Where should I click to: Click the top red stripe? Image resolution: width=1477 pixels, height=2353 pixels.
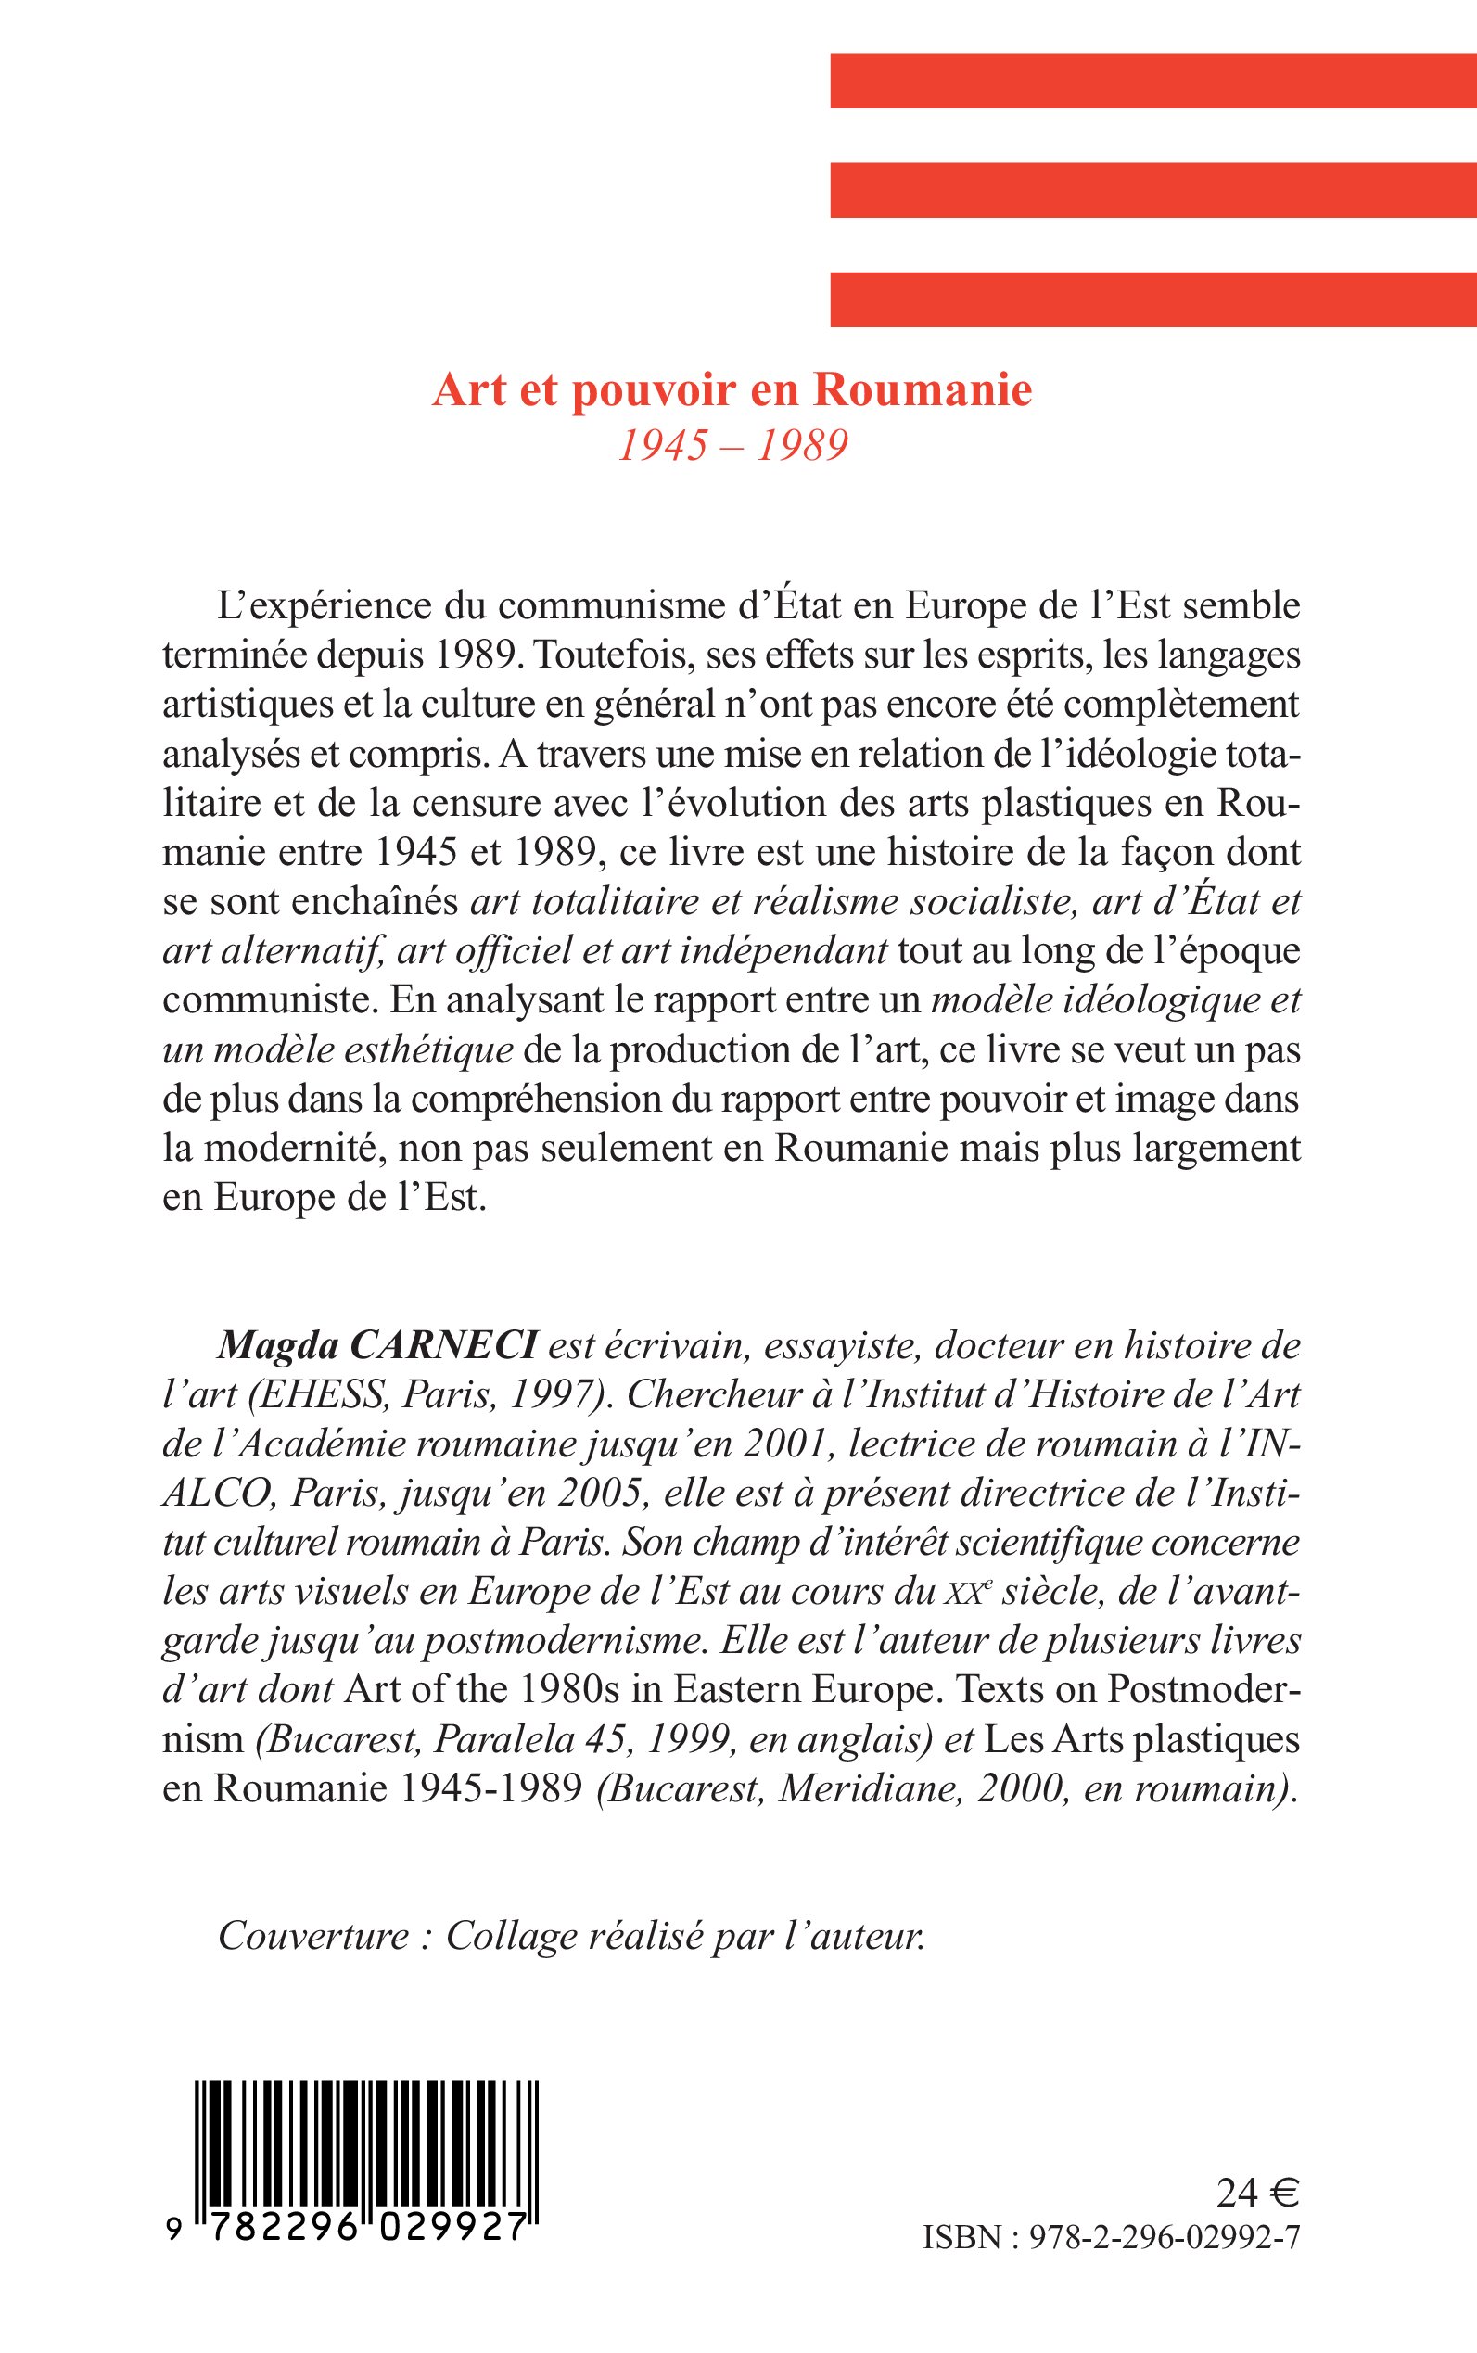tap(1152, 80)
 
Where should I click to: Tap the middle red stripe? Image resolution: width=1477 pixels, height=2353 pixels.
tap(1152, 189)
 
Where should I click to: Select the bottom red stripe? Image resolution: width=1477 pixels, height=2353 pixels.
tap(1152, 299)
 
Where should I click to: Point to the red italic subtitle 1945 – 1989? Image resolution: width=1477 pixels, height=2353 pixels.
tap(732, 445)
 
